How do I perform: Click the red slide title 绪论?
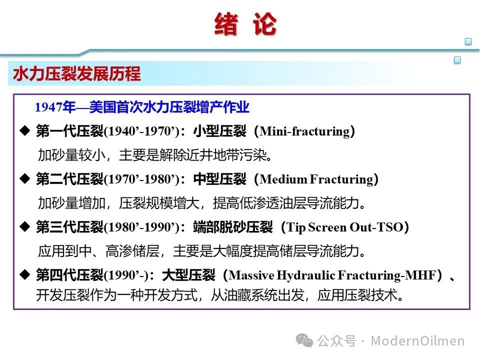point(245,24)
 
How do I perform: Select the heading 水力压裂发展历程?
point(77,74)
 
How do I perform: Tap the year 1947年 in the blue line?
point(55,107)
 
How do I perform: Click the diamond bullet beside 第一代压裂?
point(25,130)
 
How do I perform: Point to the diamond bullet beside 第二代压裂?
point(25,178)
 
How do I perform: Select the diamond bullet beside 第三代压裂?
point(25,226)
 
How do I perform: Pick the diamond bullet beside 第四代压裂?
point(25,274)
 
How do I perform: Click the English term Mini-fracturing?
point(304,131)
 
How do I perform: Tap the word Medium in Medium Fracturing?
point(283,179)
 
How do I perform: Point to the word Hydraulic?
point(306,275)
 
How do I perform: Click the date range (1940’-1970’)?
point(141,131)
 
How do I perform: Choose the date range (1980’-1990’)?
point(141,227)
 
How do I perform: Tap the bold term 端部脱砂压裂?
point(232,227)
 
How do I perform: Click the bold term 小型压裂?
point(219,131)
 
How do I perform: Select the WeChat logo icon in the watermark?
point(304,340)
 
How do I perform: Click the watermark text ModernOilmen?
point(417,340)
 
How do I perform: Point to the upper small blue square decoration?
point(468,41)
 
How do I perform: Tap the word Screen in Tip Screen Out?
point(327,227)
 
